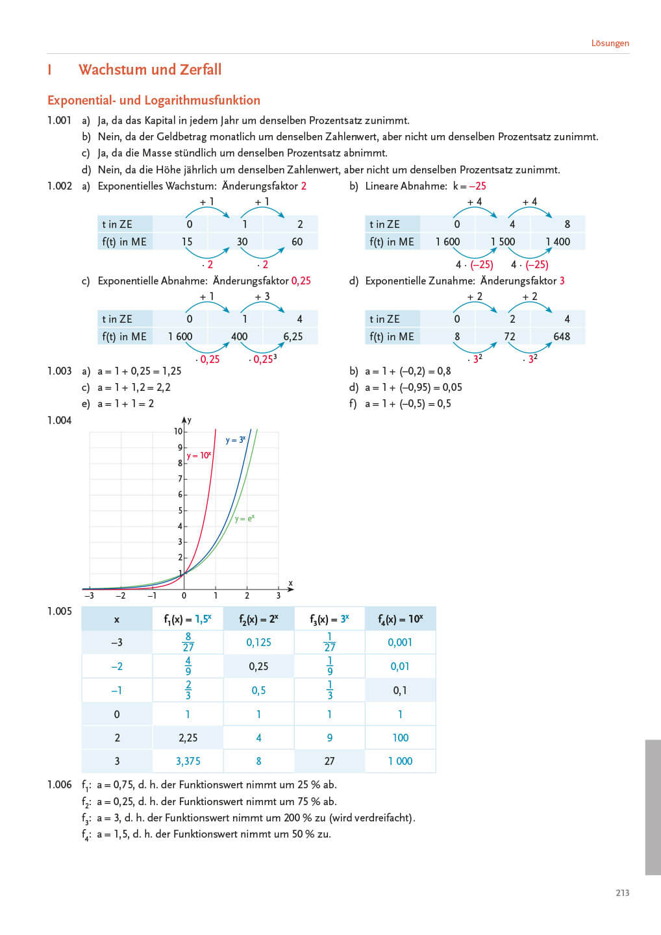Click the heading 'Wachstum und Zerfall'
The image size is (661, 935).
(x=150, y=69)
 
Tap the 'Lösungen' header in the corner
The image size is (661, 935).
(x=610, y=44)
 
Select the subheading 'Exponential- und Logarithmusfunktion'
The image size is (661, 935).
(x=154, y=100)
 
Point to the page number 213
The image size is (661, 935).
(x=622, y=893)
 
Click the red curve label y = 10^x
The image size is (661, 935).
(x=199, y=456)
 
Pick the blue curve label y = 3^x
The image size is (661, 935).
(x=235, y=440)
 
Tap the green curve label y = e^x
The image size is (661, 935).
(x=245, y=519)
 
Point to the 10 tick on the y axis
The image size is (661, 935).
(x=178, y=431)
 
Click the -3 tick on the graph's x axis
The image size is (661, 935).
(x=89, y=595)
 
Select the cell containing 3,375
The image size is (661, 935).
(x=188, y=761)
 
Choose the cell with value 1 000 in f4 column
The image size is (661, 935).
(x=400, y=761)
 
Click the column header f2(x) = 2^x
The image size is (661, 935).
(x=258, y=619)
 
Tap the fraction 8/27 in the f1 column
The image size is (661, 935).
(x=188, y=642)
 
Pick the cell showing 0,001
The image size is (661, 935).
(x=400, y=642)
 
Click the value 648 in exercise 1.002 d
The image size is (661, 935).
(x=562, y=336)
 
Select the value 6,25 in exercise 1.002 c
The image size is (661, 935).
(x=293, y=336)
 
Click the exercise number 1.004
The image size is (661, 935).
(x=59, y=420)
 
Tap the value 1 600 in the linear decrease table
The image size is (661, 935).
(x=447, y=242)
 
